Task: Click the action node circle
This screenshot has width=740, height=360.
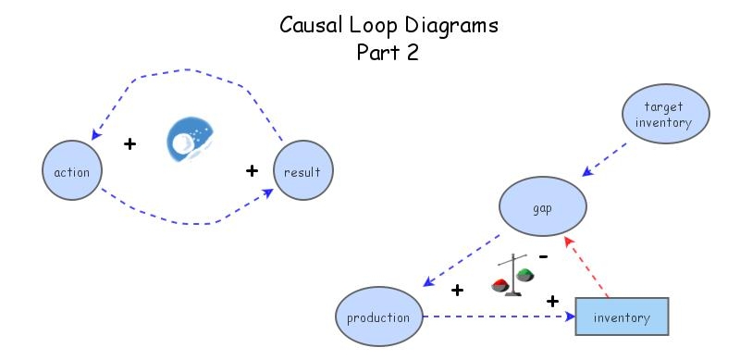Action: click(72, 172)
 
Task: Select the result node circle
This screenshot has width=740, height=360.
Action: click(303, 172)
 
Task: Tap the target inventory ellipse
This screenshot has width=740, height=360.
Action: click(665, 115)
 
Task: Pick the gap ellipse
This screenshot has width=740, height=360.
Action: click(543, 207)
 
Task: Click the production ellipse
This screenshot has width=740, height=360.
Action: click(377, 317)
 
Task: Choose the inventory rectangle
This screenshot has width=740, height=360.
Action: click(622, 317)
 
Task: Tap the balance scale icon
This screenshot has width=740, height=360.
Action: click(511, 275)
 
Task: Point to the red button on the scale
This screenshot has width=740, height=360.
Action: click(500, 284)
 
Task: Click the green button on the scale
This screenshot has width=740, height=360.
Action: click(524, 274)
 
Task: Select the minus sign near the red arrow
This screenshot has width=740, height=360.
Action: click(545, 255)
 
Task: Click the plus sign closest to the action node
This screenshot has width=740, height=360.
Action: click(129, 144)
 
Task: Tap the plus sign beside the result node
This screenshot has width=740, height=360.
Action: click(251, 170)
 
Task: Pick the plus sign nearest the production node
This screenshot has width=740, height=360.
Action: click(457, 291)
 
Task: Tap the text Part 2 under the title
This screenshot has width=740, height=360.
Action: click(388, 53)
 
